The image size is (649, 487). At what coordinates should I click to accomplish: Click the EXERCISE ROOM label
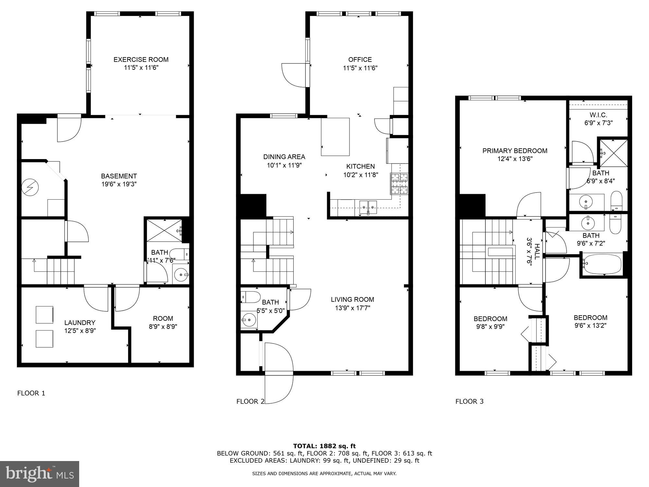coord(141,59)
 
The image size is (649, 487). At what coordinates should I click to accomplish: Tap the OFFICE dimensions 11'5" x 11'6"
coord(360,68)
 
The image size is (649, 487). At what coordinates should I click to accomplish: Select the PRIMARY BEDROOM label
coord(515,151)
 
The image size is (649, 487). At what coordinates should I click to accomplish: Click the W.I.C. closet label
coord(598,115)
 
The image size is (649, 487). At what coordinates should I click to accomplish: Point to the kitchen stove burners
coord(399,184)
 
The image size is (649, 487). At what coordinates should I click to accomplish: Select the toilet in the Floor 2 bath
coord(251,296)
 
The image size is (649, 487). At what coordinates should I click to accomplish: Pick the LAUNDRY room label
coord(80,322)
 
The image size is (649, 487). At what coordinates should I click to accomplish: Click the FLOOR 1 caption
coord(31,393)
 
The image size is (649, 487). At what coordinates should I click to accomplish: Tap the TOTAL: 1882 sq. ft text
coord(324,446)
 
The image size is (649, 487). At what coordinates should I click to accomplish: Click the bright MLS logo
coord(39,474)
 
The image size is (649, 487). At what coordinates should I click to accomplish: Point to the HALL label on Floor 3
coord(537,251)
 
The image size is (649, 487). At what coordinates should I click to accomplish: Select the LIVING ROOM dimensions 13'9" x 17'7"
coord(352,308)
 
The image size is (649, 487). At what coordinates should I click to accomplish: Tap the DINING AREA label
coord(284,157)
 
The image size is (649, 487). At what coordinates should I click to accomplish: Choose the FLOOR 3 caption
coord(469,401)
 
